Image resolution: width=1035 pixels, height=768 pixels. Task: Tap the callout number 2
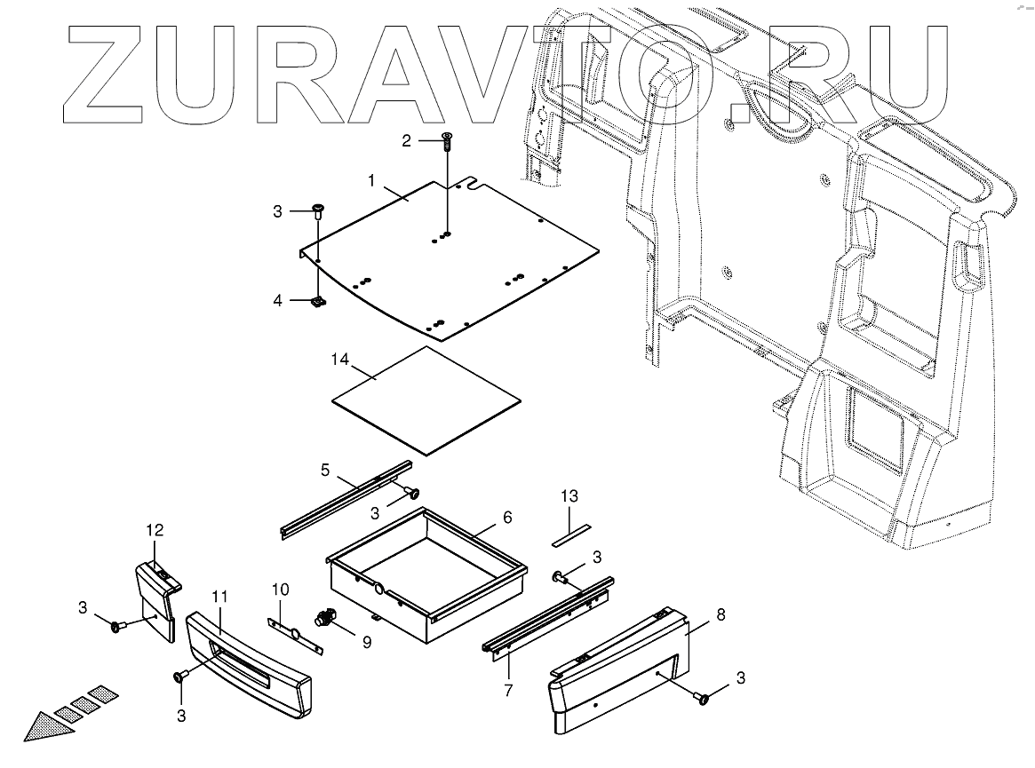pos(407,141)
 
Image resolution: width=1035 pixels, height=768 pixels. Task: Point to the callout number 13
pos(569,495)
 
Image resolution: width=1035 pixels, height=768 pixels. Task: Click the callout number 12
pos(155,530)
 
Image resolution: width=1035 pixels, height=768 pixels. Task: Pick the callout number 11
pos(219,596)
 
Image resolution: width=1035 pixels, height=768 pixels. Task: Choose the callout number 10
pos(280,589)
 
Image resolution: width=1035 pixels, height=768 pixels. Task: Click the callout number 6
pos(507,517)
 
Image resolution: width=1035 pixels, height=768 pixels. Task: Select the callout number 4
pos(278,300)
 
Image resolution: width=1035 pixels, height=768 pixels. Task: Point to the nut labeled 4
pos(317,304)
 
